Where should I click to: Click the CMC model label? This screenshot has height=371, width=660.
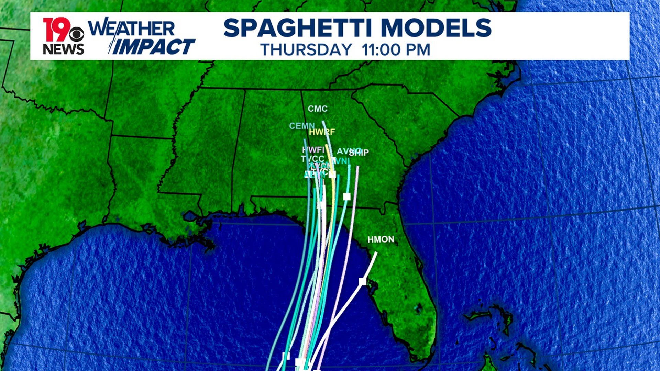tap(318, 109)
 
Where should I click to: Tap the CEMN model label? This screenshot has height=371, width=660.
tap(301, 126)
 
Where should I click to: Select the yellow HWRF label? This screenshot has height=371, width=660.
tap(322, 132)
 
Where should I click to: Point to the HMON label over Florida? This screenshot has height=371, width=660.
tap(381, 239)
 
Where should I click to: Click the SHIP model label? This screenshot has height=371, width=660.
tap(360, 153)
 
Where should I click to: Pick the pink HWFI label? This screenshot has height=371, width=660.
tap(313, 150)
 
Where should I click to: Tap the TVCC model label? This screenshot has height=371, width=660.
tap(312, 159)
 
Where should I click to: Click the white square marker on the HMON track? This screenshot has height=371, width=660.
tap(362, 282)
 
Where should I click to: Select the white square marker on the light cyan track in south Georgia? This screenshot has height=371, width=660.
tap(346, 196)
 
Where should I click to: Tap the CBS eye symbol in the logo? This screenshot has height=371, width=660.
tap(77, 34)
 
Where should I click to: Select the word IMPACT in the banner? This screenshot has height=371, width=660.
tap(154, 47)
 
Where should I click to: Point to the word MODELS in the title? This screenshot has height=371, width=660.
tap(436, 28)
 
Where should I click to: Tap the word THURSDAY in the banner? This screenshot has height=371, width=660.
tap(306, 50)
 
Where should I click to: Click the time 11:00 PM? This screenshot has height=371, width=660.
tap(396, 50)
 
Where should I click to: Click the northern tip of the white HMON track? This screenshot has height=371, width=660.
tap(376, 253)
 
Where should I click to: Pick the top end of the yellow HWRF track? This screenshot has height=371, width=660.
tap(326, 145)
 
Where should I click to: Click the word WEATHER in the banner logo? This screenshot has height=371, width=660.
tap(132, 28)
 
